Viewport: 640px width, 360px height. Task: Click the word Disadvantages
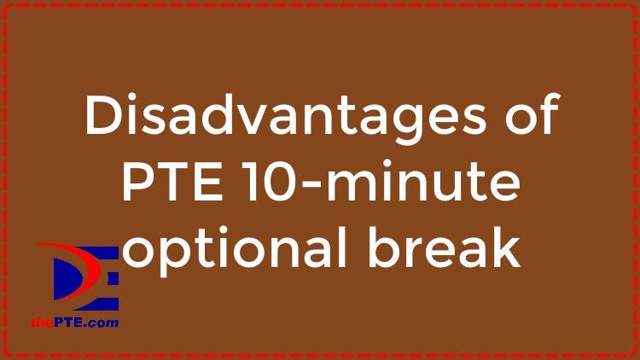click(285, 114)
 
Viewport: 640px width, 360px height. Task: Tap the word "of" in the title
click(532, 113)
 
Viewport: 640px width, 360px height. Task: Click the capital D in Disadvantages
click(104, 114)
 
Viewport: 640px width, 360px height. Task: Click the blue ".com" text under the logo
click(102, 323)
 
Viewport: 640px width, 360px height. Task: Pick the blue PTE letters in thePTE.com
click(68, 322)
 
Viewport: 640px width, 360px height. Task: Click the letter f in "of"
click(548, 113)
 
